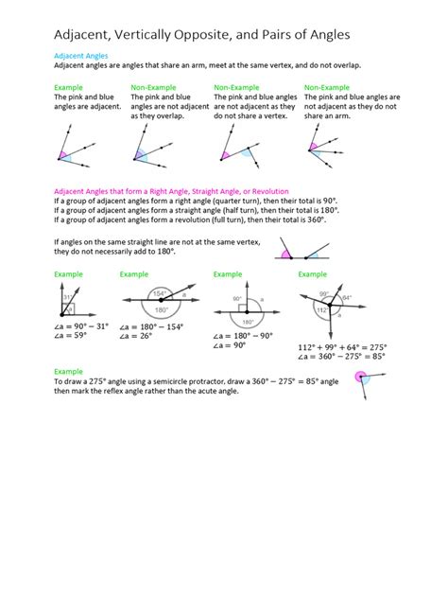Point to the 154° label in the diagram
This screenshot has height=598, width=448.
click(x=160, y=293)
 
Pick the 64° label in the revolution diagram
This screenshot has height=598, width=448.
click(x=347, y=298)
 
